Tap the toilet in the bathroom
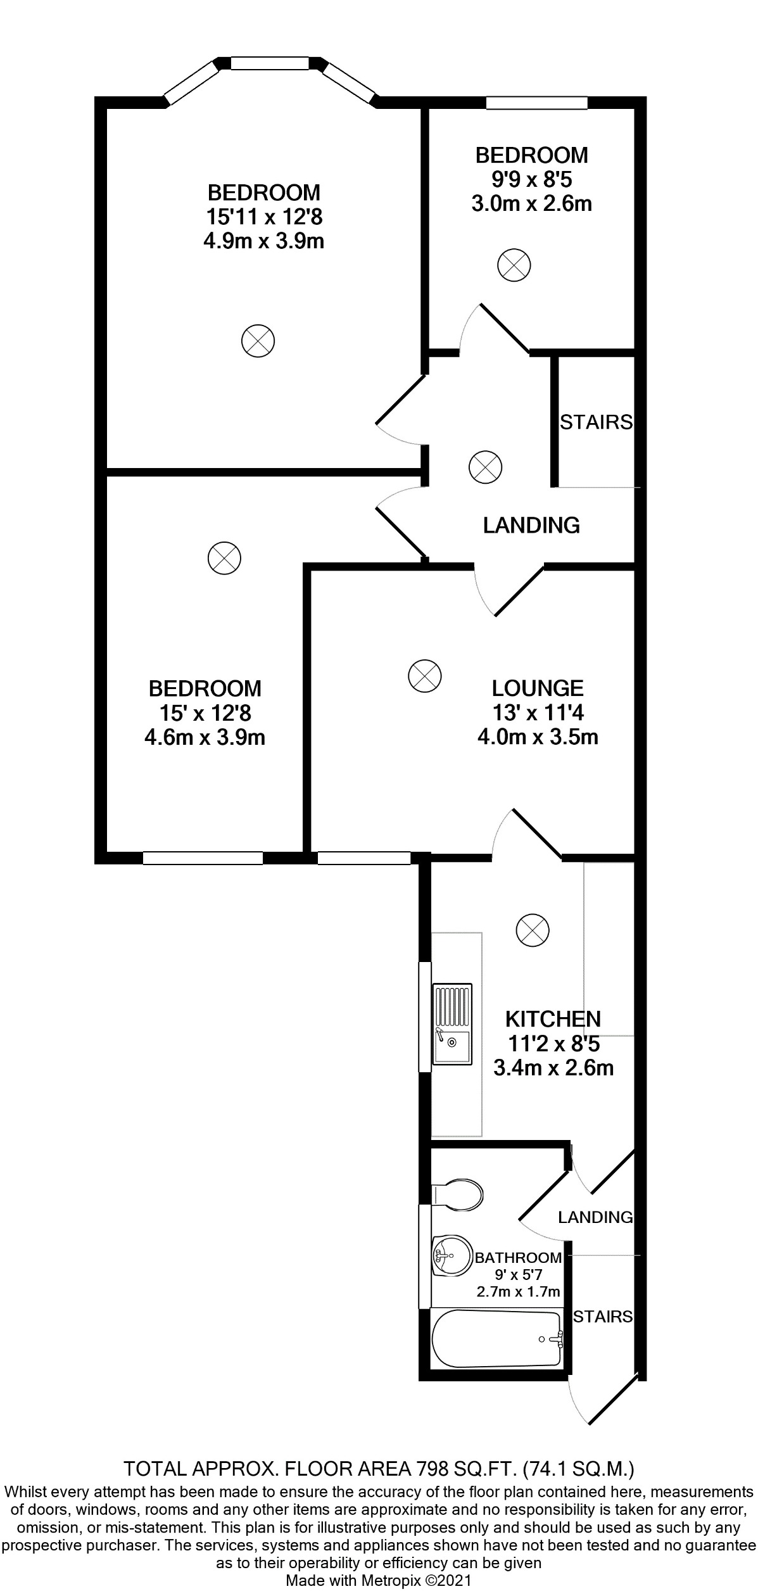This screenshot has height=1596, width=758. coord(457,1194)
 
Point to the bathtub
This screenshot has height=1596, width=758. coord(496,1339)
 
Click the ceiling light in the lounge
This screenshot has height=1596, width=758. coord(424,676)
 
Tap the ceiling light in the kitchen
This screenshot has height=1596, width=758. coord(533,930)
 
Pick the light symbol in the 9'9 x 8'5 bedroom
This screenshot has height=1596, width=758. coord(514,265)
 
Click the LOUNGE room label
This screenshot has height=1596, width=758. coord(538,688)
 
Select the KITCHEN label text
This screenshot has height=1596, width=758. coord(553,1018)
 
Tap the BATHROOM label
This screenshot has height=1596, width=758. coord(518,1258)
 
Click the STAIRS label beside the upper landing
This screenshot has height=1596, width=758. coord(596,422)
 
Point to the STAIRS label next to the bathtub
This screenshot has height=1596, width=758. coord(602,1317)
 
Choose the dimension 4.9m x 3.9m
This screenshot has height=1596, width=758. coord(263,241)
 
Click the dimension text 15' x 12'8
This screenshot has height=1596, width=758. coord(205,713)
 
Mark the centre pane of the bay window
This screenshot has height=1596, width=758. coord(270,63)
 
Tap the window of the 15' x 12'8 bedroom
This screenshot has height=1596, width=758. coord(203,858)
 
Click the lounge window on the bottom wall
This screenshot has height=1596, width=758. coord(363,858)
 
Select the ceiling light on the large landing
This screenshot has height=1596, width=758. coord(485,468)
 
